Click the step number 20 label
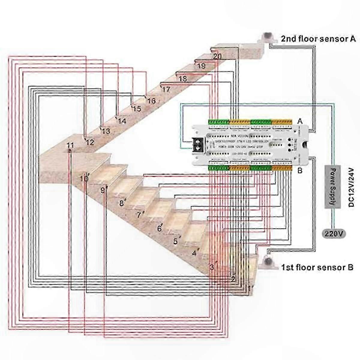(x=217, y=56)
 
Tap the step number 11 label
(x=70, y=145)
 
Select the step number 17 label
(x=166, y=89)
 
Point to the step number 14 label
(x=122, y=121)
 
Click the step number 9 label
(x=103, y=190)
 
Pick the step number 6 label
(x=159, y=229)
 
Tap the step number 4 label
(x=194, y=253)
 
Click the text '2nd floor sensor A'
(x=318, y=39)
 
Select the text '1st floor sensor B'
(x=317, y=267)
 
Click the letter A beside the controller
(x=299, y=121)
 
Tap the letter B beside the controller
(x=299, y=171)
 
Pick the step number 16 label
(x=151, y=101)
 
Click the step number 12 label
(x=90, y=142)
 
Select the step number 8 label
(x=121, y=203)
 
